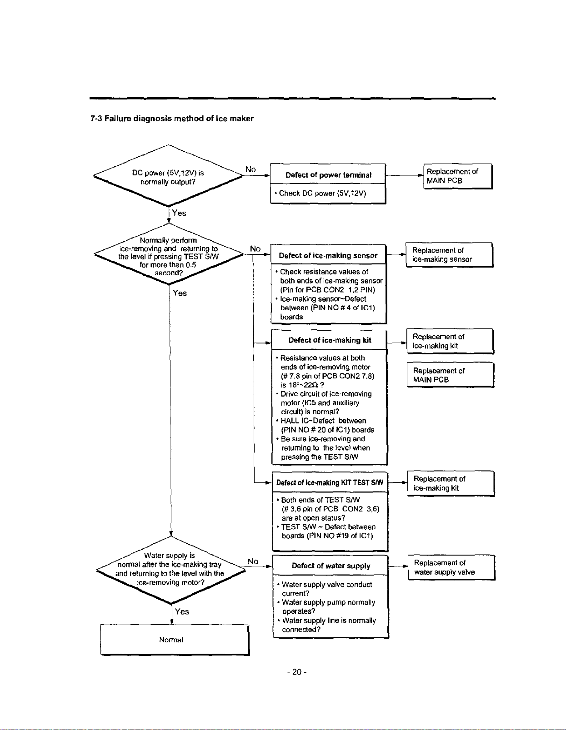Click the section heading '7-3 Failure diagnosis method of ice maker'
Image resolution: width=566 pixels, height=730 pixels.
[172, 119]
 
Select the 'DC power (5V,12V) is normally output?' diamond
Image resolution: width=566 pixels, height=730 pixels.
[168, 176]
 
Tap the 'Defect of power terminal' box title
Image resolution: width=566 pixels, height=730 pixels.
[328, 175]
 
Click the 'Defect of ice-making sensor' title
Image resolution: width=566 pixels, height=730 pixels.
[328, 255]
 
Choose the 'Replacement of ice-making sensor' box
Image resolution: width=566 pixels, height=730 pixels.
[449, 255]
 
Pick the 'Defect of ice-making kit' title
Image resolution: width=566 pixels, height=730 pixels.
[330, 340]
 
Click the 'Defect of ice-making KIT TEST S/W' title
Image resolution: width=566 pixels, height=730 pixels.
[330, 482]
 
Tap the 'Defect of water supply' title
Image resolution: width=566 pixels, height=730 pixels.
[331, 566]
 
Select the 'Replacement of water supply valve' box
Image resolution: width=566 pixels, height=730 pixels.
[451, 567]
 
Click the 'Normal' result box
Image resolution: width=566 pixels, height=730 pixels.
[175, 640]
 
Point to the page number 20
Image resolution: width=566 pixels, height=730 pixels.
[297, 672]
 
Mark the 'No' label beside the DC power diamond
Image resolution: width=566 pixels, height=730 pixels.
[250, 169]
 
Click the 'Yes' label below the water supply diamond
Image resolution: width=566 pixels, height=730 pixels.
[182, 611]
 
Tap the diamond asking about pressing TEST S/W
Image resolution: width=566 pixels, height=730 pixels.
[168, 254]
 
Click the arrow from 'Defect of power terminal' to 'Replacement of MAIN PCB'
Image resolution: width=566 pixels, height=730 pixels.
[404, 175]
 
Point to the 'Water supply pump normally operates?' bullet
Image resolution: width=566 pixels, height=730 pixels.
[326, 607]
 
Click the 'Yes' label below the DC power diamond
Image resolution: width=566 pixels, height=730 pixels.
[179, 213]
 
